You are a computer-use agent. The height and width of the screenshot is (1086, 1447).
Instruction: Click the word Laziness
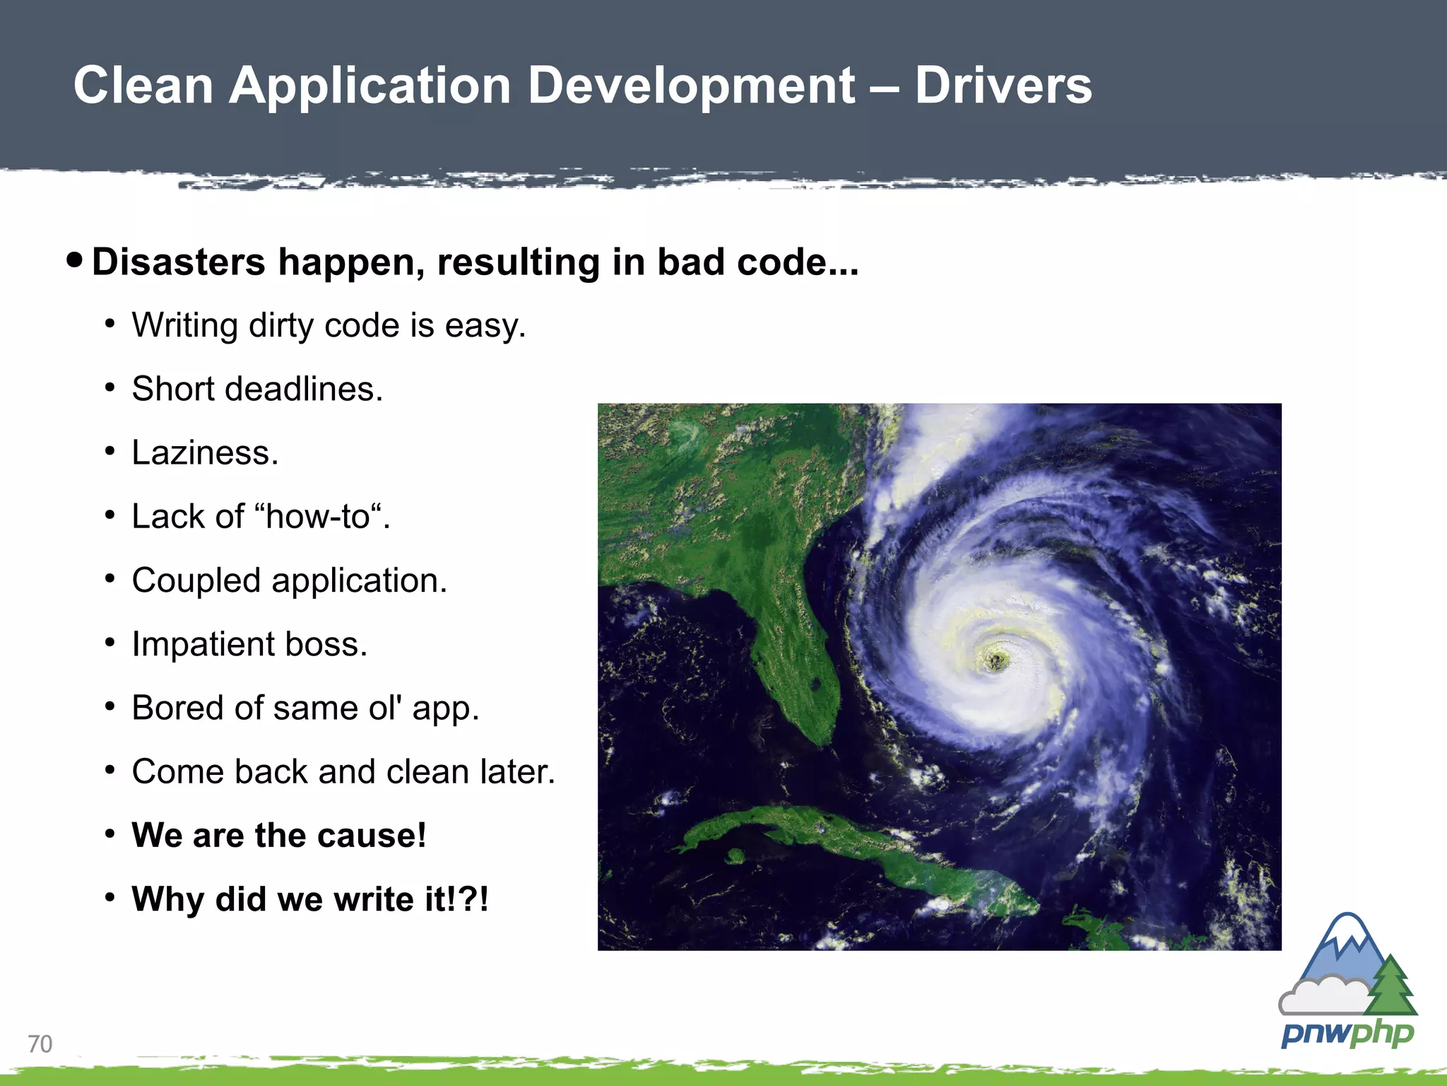click(x=205, y=452)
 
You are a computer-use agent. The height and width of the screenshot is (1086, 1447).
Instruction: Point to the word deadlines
click(x=304, y=389)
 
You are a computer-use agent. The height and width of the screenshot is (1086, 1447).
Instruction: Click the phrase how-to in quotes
click(x=318, y=517)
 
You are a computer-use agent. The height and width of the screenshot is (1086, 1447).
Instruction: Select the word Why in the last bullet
click(x=167, y=899)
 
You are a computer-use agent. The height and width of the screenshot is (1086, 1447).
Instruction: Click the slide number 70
click(x=40, y=1044)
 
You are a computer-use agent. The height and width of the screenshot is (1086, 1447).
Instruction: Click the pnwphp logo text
click(x=1347, y=1034)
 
